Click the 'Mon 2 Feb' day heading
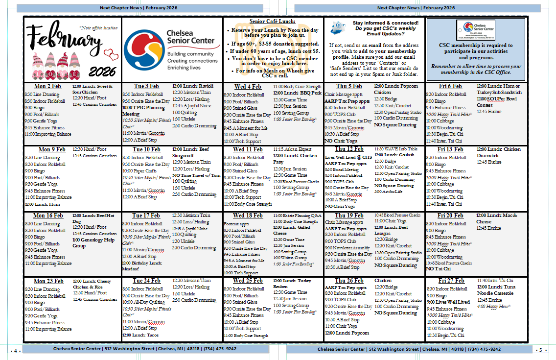click(x=47, y=86)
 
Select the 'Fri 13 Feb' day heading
click(x=450, y=149)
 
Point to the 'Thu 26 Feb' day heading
click(x=349, y=281)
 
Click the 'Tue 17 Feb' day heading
click(x=146, y=216)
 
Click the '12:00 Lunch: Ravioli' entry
click(x=193, y=86)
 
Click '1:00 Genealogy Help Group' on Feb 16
click(x=93, y=243)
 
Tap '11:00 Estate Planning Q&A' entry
click(x=297, y=215)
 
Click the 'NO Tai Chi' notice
click(x=438, y=269)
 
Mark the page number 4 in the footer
click(x=16, y=350)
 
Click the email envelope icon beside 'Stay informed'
click(x=338, y=28)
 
